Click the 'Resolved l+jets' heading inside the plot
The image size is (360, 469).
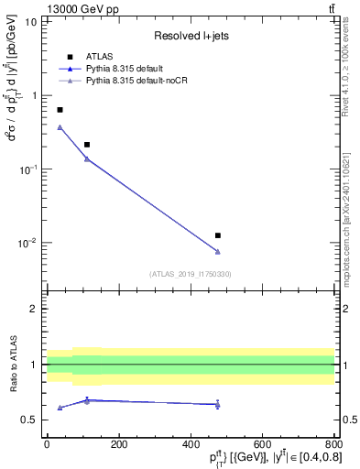tap(190, 35)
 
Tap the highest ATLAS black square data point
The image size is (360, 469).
tap(60, 110)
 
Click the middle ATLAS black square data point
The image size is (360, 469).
tap(87, 145)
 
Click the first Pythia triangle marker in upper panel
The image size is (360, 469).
tap(60, 127)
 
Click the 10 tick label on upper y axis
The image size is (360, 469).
tap(30, 21)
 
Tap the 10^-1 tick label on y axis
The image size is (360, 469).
tap(27, 169)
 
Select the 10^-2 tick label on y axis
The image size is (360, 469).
tap(27, 244)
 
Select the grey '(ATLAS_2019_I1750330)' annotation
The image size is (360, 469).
tap(190, 274)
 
